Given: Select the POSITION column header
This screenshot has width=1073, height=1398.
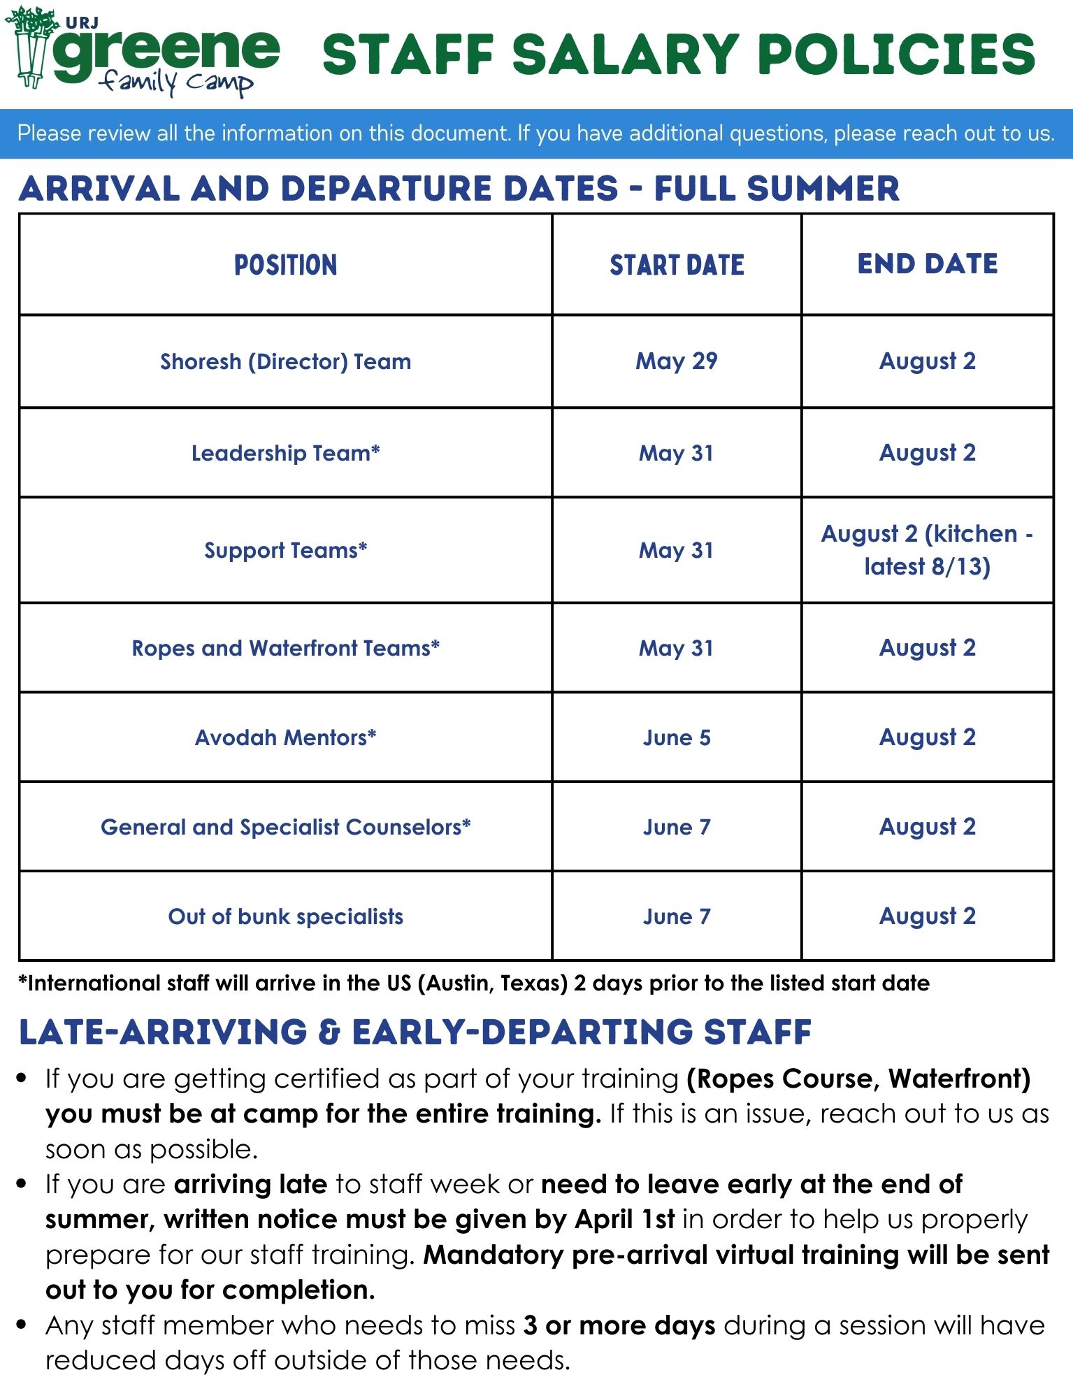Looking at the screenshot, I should pos(285,265).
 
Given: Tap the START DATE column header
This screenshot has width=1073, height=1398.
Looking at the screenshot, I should pos(677,265).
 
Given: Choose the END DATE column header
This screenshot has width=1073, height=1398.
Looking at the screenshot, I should pos(927,264).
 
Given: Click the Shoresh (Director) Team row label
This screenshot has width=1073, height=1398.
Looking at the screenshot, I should pos(285,361).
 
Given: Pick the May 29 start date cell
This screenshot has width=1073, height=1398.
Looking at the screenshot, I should pos(677,361).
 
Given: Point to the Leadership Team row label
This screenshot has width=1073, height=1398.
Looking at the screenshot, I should pos(285,453).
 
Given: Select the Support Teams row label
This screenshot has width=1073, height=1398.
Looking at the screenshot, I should pos(285,550).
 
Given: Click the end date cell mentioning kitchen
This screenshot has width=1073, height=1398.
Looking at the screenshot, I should pos(927,550).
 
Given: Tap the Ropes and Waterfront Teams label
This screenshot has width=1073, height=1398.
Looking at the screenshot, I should pos(285,648).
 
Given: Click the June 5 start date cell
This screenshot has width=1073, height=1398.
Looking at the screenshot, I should pos(677,737).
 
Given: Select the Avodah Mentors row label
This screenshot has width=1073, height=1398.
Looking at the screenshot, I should pos(285,737).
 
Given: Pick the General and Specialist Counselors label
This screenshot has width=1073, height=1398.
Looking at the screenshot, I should pos(285,827).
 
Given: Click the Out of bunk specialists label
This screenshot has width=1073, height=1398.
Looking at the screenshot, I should pos(285,916).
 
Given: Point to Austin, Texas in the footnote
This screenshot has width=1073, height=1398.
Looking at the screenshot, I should pos(493,983).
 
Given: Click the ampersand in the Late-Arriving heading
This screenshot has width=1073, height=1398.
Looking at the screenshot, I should pos(329,1032).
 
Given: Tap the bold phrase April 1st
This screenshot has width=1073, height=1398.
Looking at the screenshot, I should pos(625,1219).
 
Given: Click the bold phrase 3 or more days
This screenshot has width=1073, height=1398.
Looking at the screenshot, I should pos(619,1325).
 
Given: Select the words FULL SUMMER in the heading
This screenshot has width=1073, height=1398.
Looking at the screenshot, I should pos(776,189).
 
